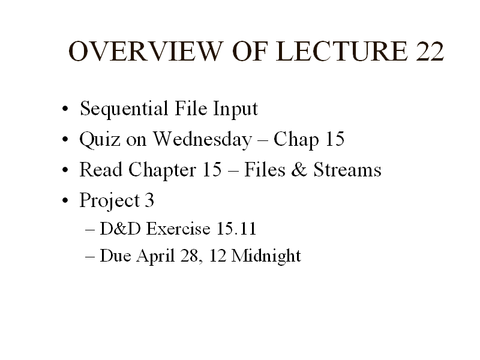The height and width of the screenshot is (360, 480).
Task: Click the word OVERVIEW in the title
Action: (145, 51)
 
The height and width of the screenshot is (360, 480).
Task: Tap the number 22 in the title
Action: (430, 51)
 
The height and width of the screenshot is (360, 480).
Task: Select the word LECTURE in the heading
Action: (342, 51)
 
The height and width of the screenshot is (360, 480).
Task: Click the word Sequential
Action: (124, 109)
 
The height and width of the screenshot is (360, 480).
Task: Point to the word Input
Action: (235, 109)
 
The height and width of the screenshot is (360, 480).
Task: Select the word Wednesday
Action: (202, 140)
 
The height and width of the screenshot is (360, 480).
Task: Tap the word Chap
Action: (296, 140)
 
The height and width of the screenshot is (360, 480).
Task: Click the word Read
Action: (101, 169)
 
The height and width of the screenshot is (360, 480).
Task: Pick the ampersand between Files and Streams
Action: (299, 169)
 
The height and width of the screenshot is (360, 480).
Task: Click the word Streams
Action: (347, 169)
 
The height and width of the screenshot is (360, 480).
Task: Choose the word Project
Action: (110, 201)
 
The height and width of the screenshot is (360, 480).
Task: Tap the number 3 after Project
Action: (149, 200)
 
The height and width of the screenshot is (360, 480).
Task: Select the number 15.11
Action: (236, 229)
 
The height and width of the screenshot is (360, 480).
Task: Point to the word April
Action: (155, 256)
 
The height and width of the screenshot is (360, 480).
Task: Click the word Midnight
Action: (266, 256)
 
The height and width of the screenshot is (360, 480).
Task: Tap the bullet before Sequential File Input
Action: (65, 109)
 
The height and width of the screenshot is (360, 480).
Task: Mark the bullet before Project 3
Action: (65, 200)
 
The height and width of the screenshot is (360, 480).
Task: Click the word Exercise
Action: (178, 229)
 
